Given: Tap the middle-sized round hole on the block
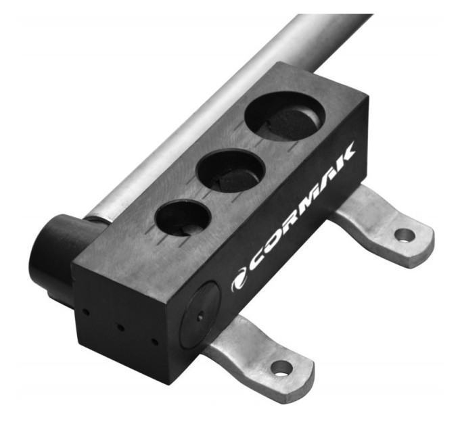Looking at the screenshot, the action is pos(231,171).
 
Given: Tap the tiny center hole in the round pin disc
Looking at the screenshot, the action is pos(200,317).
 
